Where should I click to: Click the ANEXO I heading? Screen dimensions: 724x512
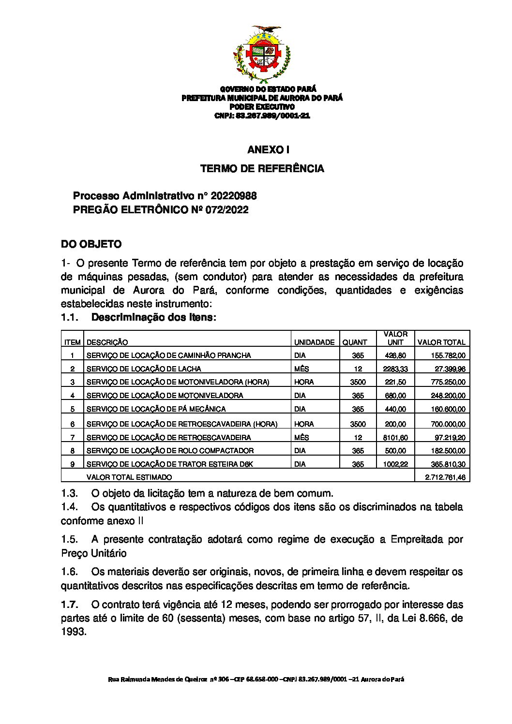tap(262, 150)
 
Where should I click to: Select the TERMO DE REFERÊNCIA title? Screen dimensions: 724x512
tap(262, 169)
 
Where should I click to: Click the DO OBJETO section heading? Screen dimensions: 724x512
tap(91, 244)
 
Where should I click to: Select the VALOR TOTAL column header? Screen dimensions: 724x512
tap(441, 342)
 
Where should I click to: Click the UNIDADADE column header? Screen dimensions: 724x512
tap(314, 342)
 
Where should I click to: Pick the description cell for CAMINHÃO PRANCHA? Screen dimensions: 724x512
tap(168, 355)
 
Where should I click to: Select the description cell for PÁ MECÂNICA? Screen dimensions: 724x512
tap(156, 409)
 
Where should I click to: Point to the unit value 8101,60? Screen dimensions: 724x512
tap(395, 438)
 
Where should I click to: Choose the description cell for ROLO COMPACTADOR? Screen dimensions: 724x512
tap(170, 451)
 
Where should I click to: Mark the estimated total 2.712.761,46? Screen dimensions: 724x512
tap(445, 477)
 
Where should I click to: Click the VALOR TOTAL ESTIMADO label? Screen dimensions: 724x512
tap(129, 477)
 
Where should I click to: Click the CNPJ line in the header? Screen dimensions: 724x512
tap(262, 116)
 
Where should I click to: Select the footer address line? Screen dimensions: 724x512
tap(256, 680)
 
